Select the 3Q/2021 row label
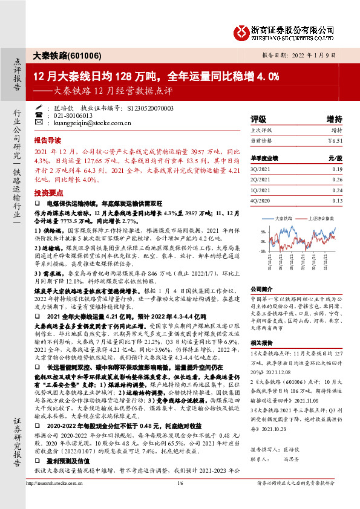[x=260, y=169]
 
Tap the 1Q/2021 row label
[x=260, y=190]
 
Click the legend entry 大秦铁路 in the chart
[x=284, y=218]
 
